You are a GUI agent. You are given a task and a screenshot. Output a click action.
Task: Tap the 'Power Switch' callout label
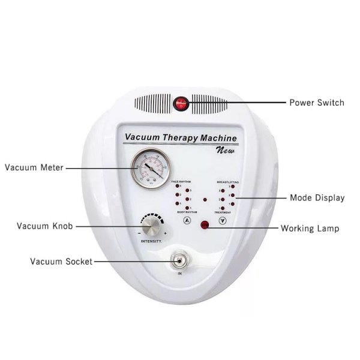click(x=317, y=103)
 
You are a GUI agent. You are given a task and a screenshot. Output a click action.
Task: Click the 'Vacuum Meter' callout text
click(x=34, y=167)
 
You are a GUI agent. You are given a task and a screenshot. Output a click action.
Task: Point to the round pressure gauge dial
click(x=150, y=168)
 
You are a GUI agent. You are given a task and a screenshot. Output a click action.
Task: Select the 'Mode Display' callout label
click(x=317, y=197)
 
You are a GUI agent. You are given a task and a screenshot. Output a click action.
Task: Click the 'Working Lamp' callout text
click(x=314, y=229)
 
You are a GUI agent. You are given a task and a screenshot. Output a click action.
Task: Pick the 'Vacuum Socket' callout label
click(x=61, y=262)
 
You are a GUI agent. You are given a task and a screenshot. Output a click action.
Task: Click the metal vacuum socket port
click(x=179, y=260)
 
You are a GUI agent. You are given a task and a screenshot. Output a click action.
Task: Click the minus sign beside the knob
click(x=139, y=233)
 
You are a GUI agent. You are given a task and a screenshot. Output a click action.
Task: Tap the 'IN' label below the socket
click(x=179, y=274)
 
